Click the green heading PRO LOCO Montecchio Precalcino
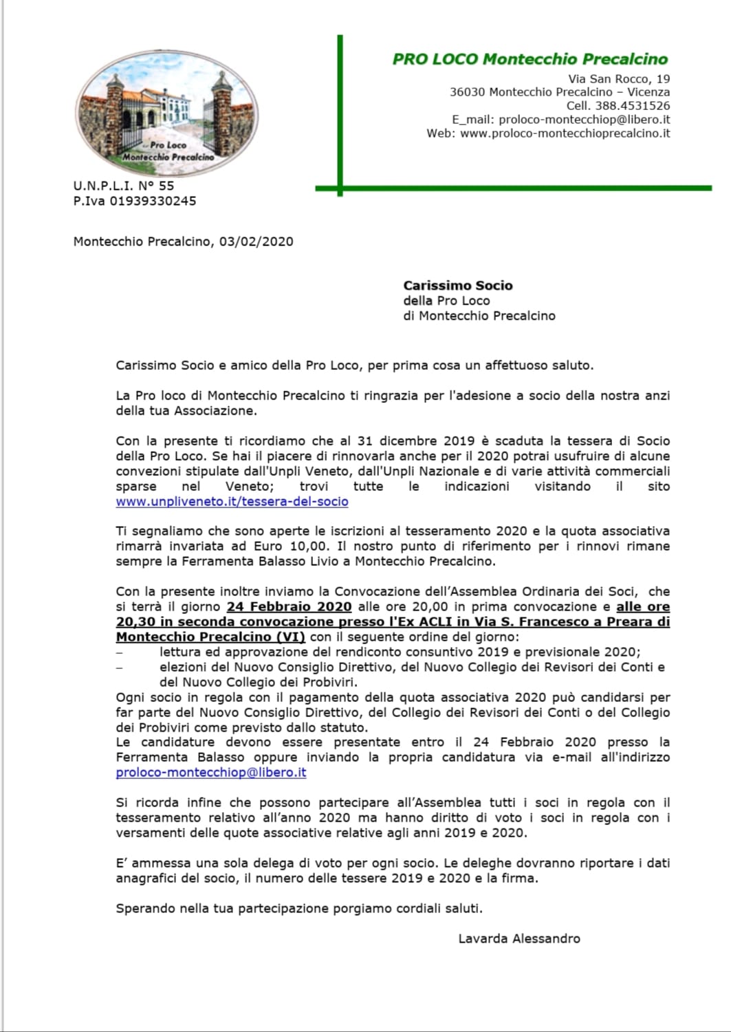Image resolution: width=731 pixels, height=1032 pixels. point(530,59)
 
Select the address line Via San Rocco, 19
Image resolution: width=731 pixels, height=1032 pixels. point(619,79)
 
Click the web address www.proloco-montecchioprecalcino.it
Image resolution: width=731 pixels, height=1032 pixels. point(565,133)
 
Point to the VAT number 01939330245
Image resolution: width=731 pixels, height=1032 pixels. point(153,201)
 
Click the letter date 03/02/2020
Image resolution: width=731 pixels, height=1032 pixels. point(256,241)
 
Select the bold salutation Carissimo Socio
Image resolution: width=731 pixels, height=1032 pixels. point(458,285)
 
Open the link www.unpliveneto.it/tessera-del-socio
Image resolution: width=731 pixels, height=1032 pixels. point(232,502)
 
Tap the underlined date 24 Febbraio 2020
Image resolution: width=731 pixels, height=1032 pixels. point(289,607)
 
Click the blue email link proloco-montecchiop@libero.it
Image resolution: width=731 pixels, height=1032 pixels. point(210,772)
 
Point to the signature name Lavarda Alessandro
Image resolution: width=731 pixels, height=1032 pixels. point(519,938)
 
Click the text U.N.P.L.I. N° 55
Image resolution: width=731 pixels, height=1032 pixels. point(124,186)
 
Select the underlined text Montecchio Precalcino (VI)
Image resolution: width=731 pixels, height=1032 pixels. point(210,637)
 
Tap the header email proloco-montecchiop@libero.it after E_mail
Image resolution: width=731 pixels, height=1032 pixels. point(584,120)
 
